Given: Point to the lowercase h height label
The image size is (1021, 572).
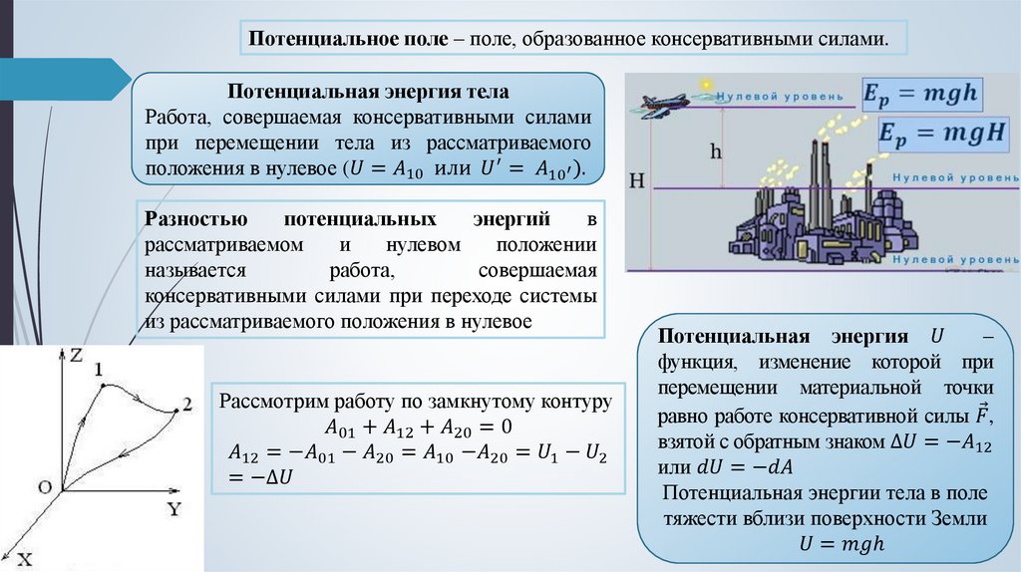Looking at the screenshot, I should (x=715, y=150).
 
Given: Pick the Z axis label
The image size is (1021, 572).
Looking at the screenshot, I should (x=76, y=355).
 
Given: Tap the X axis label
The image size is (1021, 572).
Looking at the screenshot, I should (x=24, y=559).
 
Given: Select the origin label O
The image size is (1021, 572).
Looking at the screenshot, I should (x=44, y=486).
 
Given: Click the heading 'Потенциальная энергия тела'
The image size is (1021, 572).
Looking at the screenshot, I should (x=369, y=92).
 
